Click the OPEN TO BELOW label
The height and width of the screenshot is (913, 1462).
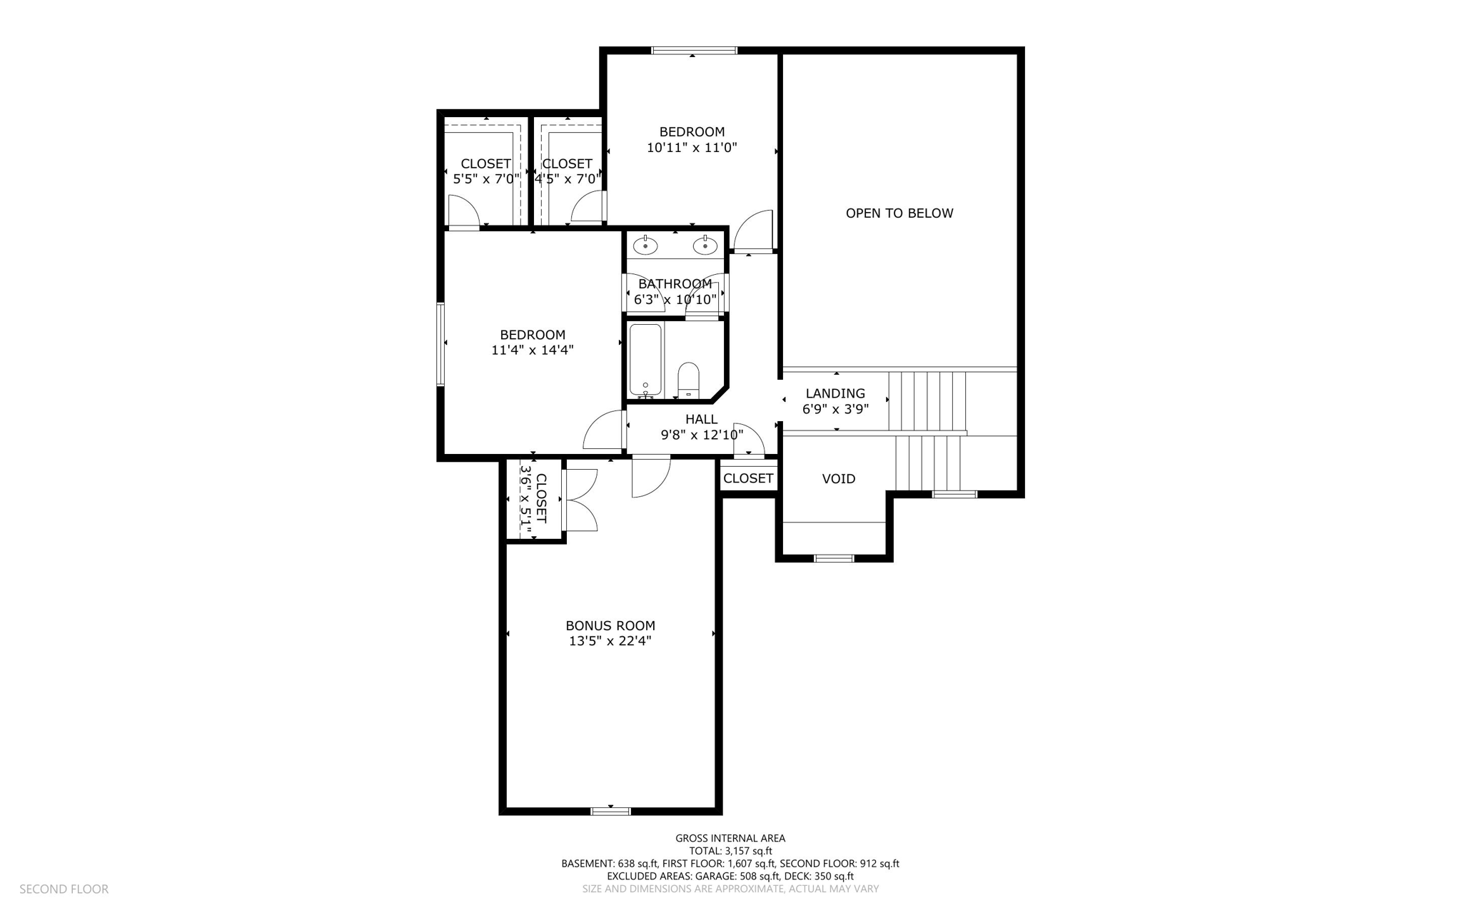tap(899, 213)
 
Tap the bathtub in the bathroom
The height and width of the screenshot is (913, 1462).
tap(645, 360)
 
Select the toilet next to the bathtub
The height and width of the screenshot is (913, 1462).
tap(688, 380)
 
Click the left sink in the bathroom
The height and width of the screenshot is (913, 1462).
tap(645, 246)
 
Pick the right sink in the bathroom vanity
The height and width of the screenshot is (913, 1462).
tap(705, 246)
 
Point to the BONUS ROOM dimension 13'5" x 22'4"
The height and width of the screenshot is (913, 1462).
tap(610, 641)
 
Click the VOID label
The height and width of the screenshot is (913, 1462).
tap(838, 479)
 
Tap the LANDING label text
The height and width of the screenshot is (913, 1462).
tap(835, 393)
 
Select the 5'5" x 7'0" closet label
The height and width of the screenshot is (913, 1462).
tap(485, 171)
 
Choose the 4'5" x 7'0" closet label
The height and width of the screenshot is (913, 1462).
tap(567, 171)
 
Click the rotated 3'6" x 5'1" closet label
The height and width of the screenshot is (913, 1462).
tap(533, 500)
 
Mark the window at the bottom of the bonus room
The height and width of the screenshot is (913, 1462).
tap(610, 810)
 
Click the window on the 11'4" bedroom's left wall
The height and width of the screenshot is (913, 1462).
tap(440, 345)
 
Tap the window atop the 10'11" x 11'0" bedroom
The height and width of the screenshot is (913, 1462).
tap(693, 51)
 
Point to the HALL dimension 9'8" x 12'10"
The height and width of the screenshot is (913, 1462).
tap(702, 435)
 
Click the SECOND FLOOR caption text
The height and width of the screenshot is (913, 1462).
tap(64, 889)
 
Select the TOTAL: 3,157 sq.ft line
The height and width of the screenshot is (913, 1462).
tap(730, 851)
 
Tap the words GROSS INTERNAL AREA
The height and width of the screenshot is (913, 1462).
tap(730, 838)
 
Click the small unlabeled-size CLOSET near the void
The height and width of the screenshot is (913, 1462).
tap(747, 478)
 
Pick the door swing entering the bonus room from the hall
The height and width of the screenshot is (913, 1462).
tap(650, 477)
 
